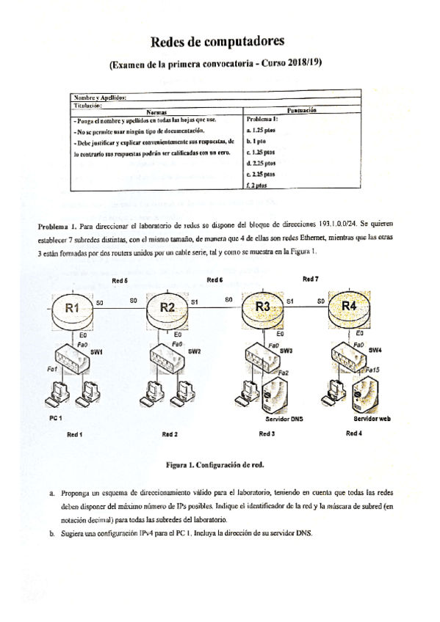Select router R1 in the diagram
[72, 309]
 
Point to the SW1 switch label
[96, 352]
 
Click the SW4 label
[375, 350]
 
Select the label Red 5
[120, 282]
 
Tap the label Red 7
[311, 279]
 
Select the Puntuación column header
[301, 109]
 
